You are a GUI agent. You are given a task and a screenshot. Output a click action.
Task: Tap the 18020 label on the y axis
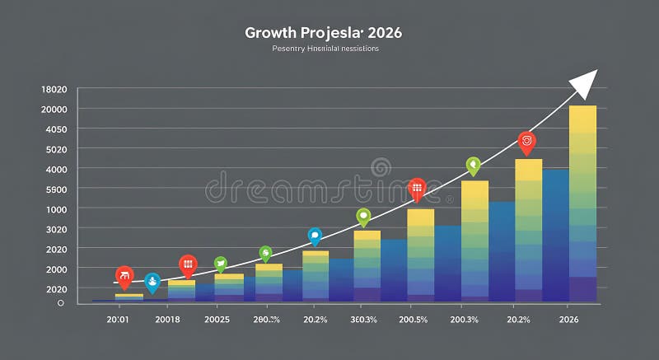[x=54, y=89]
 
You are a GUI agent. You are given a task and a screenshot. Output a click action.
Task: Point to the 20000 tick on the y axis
[x=54, y=109]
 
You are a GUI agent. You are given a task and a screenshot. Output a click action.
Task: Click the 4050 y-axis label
[x=55, y=129]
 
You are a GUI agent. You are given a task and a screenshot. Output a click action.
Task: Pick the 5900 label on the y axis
[x=55, y=189]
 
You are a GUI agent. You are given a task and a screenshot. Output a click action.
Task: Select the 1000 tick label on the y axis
[x=55, y=209]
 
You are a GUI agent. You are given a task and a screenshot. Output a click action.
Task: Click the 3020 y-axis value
[x=55, y=229]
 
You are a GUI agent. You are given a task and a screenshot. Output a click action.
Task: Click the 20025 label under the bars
[x=217, y=320]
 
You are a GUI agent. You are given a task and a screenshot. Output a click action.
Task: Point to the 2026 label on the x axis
[x=568, y=320]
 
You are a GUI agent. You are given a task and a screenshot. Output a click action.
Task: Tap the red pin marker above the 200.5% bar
[x=417, y=188]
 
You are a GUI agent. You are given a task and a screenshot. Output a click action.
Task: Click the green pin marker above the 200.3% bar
[x=473, y=166]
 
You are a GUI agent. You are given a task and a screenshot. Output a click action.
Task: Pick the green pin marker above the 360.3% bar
[x=363, y=217]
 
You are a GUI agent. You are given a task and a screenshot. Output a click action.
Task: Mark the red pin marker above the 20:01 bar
[x=124, y=276]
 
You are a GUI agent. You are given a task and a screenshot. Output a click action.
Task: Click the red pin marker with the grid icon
[x=188, y=264]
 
